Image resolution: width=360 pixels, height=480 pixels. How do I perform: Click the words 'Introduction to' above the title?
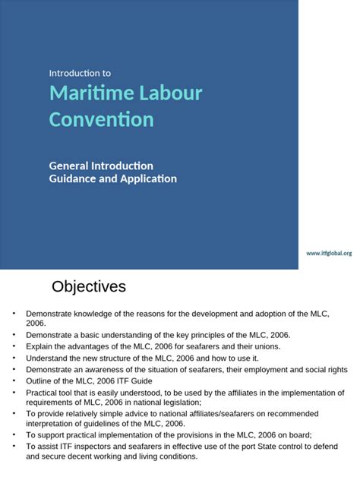tap(80, 74)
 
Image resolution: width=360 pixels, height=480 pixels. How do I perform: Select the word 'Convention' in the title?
tap(101, 120)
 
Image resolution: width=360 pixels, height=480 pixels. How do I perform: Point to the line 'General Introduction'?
tap(101, 166)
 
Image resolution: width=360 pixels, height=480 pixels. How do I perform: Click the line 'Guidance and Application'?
tap(112, 179)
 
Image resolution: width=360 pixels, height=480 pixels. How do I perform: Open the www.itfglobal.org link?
tap(329, 253)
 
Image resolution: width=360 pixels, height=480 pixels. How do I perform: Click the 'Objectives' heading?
tap(88, 287)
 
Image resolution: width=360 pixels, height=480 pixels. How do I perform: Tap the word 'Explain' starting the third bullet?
tap(40, 346)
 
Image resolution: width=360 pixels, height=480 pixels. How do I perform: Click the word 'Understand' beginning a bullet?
tap(48, 358)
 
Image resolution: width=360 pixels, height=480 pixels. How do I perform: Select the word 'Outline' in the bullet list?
tap(39, 381)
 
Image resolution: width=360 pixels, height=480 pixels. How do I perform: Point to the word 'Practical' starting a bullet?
tap(43, 392)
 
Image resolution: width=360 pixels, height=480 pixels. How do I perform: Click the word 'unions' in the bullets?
tap(264, 346)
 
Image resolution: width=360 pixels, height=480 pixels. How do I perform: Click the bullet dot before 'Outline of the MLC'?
tap(13, 381)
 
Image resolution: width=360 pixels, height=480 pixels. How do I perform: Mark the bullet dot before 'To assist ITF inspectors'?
tap(13, 447)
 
